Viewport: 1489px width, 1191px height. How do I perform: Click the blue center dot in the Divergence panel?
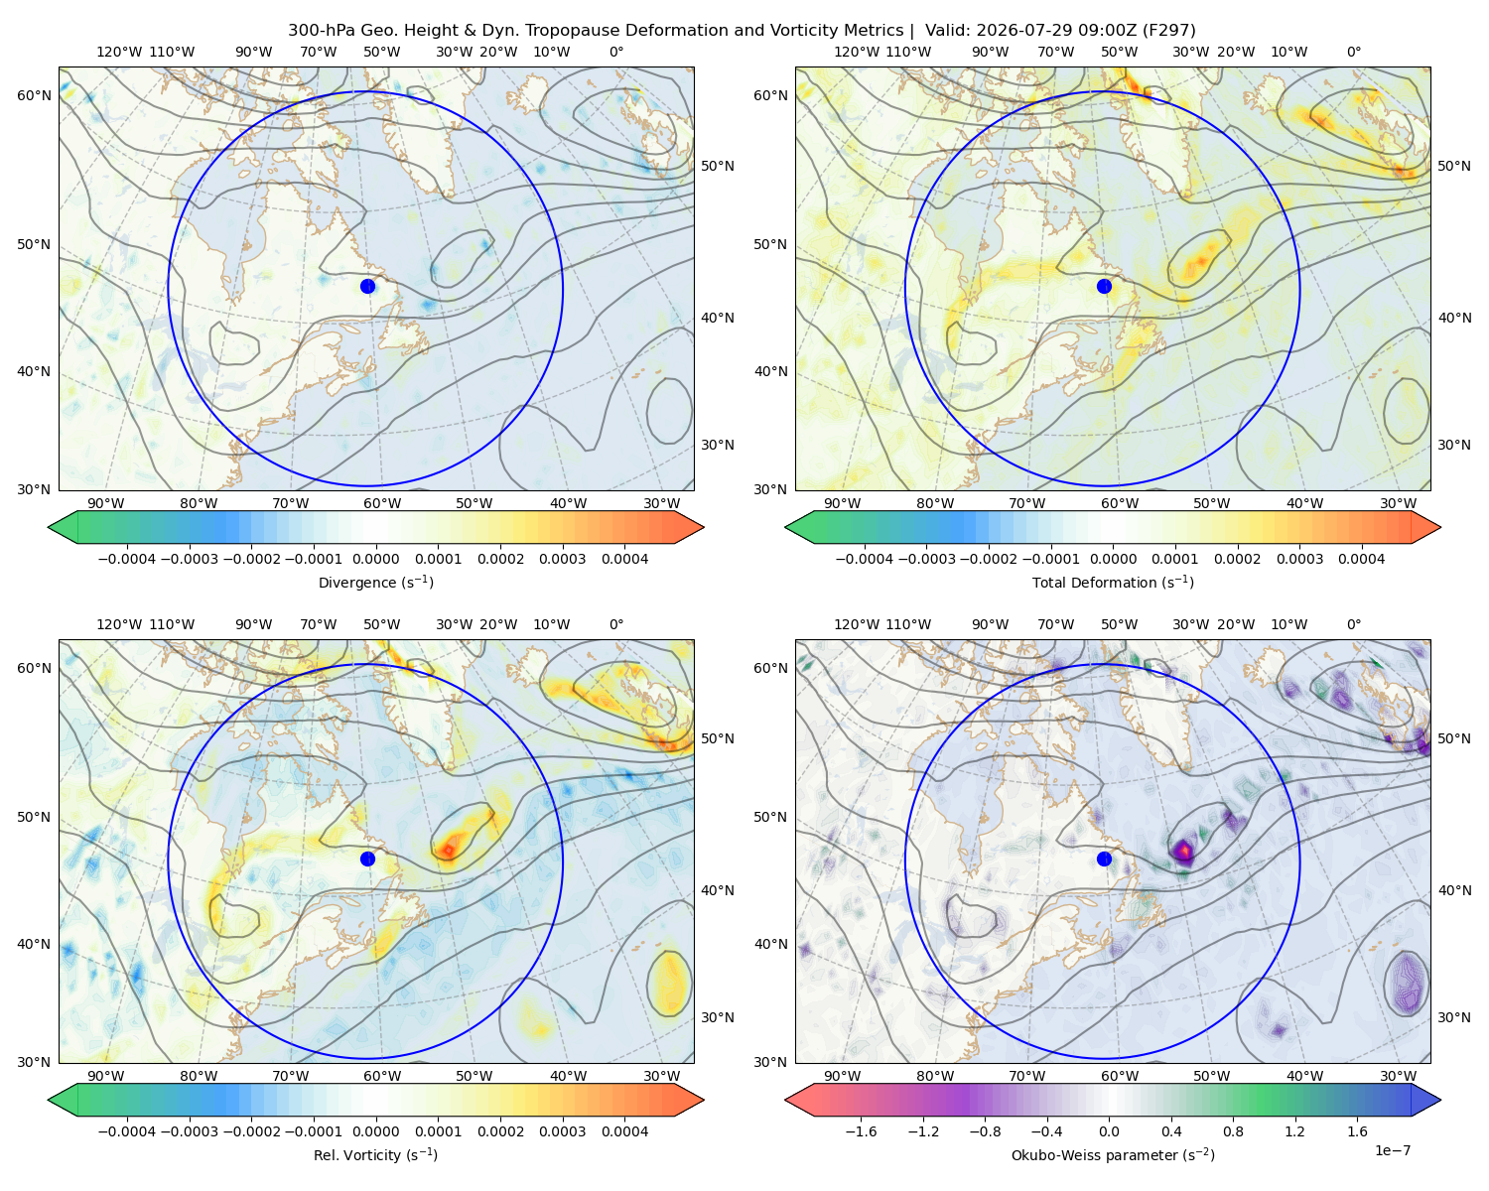tap(367, 286)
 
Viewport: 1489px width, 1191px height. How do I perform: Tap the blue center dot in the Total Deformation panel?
tap(1104, 286)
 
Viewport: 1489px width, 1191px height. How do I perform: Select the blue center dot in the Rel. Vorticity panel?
tap(367, 859)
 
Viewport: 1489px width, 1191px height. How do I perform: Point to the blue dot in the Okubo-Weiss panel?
tap(1104, 859)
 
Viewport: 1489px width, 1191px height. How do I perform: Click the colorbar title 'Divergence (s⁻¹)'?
tap(375, 582)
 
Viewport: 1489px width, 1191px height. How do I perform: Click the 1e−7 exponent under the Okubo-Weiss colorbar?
tap(1392, 1150)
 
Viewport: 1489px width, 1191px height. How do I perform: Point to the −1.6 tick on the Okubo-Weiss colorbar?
tap(861, 1130)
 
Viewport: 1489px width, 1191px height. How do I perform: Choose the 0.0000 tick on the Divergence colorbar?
tap(375, 559)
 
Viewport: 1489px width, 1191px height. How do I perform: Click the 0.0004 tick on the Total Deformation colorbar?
tap(1361, 559)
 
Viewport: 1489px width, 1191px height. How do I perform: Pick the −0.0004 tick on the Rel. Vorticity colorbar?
tap(127, 1130)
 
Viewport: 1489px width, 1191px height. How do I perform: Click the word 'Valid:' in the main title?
tap(947, 31)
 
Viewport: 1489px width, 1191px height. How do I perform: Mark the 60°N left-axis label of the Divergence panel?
tap(34, 95)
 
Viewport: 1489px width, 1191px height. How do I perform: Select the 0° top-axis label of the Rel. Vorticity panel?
tap(616, 624)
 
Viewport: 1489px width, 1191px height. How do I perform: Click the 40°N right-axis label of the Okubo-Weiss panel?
tap(1454, 890)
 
